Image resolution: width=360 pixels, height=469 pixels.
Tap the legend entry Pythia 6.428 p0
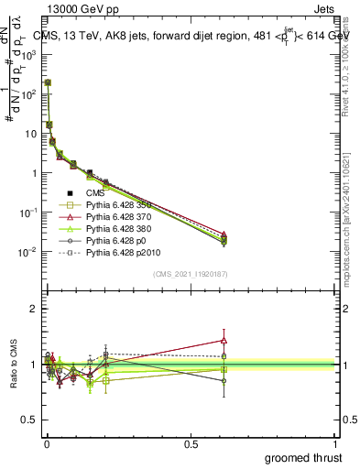[x=116, y=241]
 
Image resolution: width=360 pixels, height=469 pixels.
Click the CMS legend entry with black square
[x=97, y=193]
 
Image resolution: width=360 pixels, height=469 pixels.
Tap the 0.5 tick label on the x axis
[x=191, y=443]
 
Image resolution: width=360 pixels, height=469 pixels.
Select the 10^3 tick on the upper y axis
[x=30, y=55]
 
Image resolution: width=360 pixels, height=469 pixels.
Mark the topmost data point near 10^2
[x=47, y=82]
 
